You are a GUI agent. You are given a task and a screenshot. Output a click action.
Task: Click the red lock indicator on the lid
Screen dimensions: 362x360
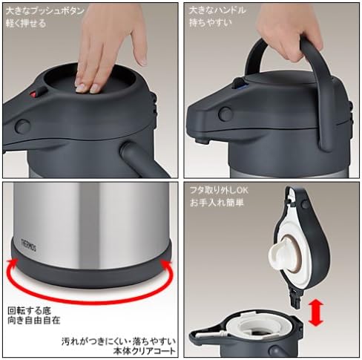[33, 94]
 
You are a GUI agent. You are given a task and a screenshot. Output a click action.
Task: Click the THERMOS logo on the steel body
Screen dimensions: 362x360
[29, 245]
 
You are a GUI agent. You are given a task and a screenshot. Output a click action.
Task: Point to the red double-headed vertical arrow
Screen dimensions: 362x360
[316, 312]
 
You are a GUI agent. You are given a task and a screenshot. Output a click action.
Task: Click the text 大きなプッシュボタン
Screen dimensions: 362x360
[45, 11]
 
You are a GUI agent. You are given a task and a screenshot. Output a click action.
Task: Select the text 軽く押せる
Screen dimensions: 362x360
[26, 24]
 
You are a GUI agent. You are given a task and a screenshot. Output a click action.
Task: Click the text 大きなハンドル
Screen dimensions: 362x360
[218, 10]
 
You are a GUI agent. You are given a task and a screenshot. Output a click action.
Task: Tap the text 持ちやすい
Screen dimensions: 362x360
[211, 23]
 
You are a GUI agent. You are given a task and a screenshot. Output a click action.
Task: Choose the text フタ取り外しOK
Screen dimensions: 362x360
[219, 191]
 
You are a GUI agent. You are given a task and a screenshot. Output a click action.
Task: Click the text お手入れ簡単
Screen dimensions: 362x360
[217, 203]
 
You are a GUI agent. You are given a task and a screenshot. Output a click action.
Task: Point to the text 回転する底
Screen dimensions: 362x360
[29, 310]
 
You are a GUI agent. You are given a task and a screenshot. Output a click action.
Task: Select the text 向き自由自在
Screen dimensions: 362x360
[34, 321]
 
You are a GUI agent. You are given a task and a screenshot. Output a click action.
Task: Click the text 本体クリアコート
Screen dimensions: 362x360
[144, 351]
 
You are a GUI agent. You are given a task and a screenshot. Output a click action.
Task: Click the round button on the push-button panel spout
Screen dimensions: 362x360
[22, 126]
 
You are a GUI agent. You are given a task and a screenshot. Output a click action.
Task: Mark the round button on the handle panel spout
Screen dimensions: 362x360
[225, 114]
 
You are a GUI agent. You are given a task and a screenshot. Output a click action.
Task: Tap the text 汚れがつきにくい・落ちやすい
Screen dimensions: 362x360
[119, 341]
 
